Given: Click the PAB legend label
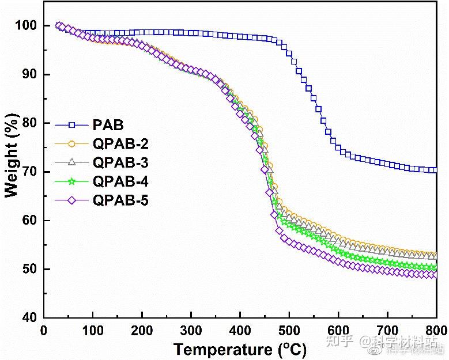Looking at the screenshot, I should [x=107, y=124].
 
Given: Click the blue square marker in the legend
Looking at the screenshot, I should [x=72, y=124].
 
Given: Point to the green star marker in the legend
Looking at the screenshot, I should [x=72, y=182].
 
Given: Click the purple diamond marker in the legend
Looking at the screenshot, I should [x=72, y=201].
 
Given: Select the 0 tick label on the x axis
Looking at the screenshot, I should [x=43, y=331].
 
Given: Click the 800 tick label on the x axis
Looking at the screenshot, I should [x=436, y=331].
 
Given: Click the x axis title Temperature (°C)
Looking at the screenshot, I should [x=240, y=349].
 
